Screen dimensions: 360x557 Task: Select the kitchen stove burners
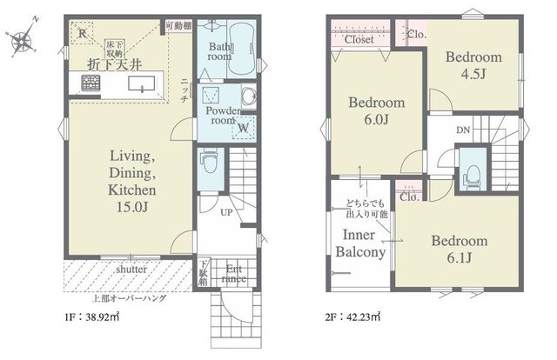[x=91, y=84]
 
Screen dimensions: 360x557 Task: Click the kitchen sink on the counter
[x=141, y=85]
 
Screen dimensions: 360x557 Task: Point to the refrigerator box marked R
[x=81, y=34]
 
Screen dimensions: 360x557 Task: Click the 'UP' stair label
[x=225, y=211]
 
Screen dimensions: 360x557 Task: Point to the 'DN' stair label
[x=463, y=130]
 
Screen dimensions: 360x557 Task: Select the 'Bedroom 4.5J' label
[x=473, y=66]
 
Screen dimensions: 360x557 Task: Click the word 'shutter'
[x=131, y=270]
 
